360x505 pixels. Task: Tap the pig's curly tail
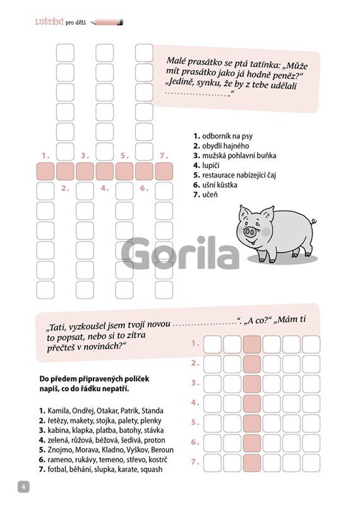point(313,222)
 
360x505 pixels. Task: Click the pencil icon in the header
point(107,23)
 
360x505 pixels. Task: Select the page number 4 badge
point(23,487)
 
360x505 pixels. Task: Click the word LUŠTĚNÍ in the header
point(49,23)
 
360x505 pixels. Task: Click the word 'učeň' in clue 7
point(210,195)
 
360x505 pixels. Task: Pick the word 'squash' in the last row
point(151,470)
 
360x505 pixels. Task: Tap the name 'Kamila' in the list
point(58,411)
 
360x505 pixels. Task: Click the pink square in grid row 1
point(252,344)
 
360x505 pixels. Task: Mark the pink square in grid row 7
point(252,463)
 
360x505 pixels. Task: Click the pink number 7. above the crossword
point(164,156)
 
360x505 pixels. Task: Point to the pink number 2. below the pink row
point(65,188)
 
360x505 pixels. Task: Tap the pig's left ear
point(244,212)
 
